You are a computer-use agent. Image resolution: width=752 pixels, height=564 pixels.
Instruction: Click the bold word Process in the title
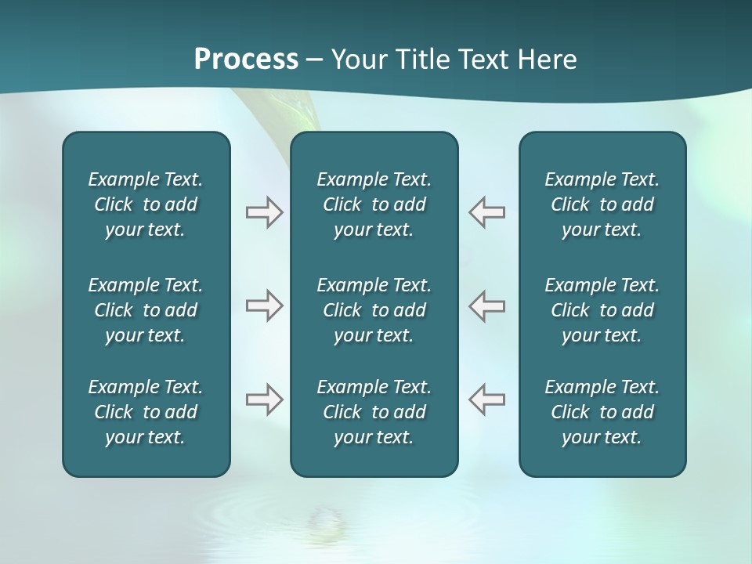pos(246,60)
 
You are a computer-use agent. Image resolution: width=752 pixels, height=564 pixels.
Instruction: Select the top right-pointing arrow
pos(264,212)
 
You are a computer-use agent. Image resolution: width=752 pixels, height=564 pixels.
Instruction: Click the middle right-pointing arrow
pos(264,305)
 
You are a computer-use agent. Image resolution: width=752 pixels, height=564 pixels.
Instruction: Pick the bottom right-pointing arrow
pos(264,399)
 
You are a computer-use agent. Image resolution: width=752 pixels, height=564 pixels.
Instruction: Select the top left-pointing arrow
pos(486,212)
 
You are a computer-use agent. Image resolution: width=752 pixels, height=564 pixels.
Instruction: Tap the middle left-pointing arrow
pos(486,305)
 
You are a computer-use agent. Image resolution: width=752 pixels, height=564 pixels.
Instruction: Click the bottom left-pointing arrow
pos(486,399)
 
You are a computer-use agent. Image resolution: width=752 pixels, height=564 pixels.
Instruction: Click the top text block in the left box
pos(146,204)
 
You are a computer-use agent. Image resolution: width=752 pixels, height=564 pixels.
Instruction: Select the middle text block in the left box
pos(146,310)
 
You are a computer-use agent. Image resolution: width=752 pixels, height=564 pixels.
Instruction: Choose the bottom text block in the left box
pos(146,412)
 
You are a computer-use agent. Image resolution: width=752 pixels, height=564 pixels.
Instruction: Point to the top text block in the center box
pos(374,204)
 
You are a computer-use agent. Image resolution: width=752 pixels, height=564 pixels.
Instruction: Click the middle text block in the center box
pos(374,310)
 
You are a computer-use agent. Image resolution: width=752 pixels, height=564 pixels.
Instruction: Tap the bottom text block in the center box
pos(374,412)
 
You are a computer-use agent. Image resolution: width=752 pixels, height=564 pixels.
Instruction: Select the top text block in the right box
pos(602,204)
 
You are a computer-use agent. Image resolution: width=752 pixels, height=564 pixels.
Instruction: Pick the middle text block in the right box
pos(602,310)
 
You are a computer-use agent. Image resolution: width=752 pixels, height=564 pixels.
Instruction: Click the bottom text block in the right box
pos(602,412)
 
